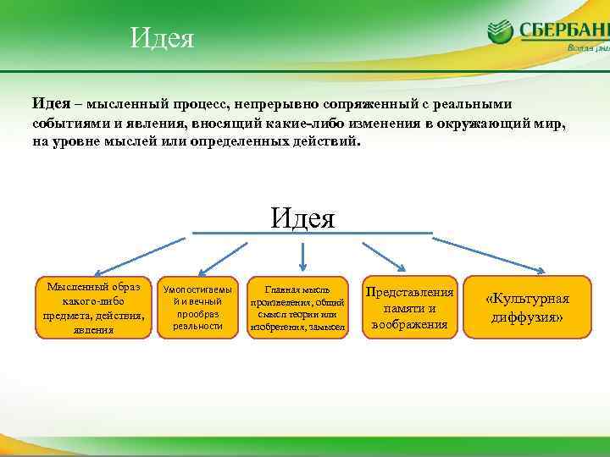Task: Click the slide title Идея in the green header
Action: pyautogui.click(x=163, y=38)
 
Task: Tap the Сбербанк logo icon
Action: pyautogui.click(x=501, y=31)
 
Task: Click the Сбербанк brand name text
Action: pyautogui.click(x=563, y=31)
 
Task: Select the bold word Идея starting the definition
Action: pyautogui.click(x=51, y=103)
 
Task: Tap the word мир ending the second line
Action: pyautogui.click(x=547, y=124)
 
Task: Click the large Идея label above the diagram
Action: pyautogui.click(x=303, y=217)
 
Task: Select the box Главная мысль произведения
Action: pyautogui.click(x=297, y=307)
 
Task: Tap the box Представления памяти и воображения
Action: pyautogui.click(x=409, y=307)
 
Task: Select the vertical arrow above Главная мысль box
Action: pyautogui.click(x=303, y=255)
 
